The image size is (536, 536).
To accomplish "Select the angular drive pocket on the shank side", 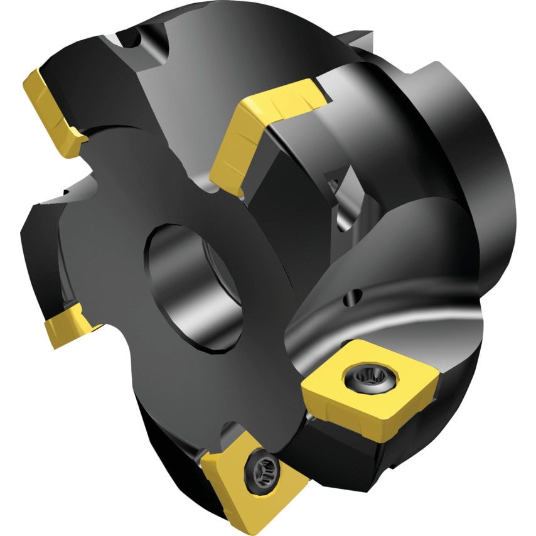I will click(x=339, y=188).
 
